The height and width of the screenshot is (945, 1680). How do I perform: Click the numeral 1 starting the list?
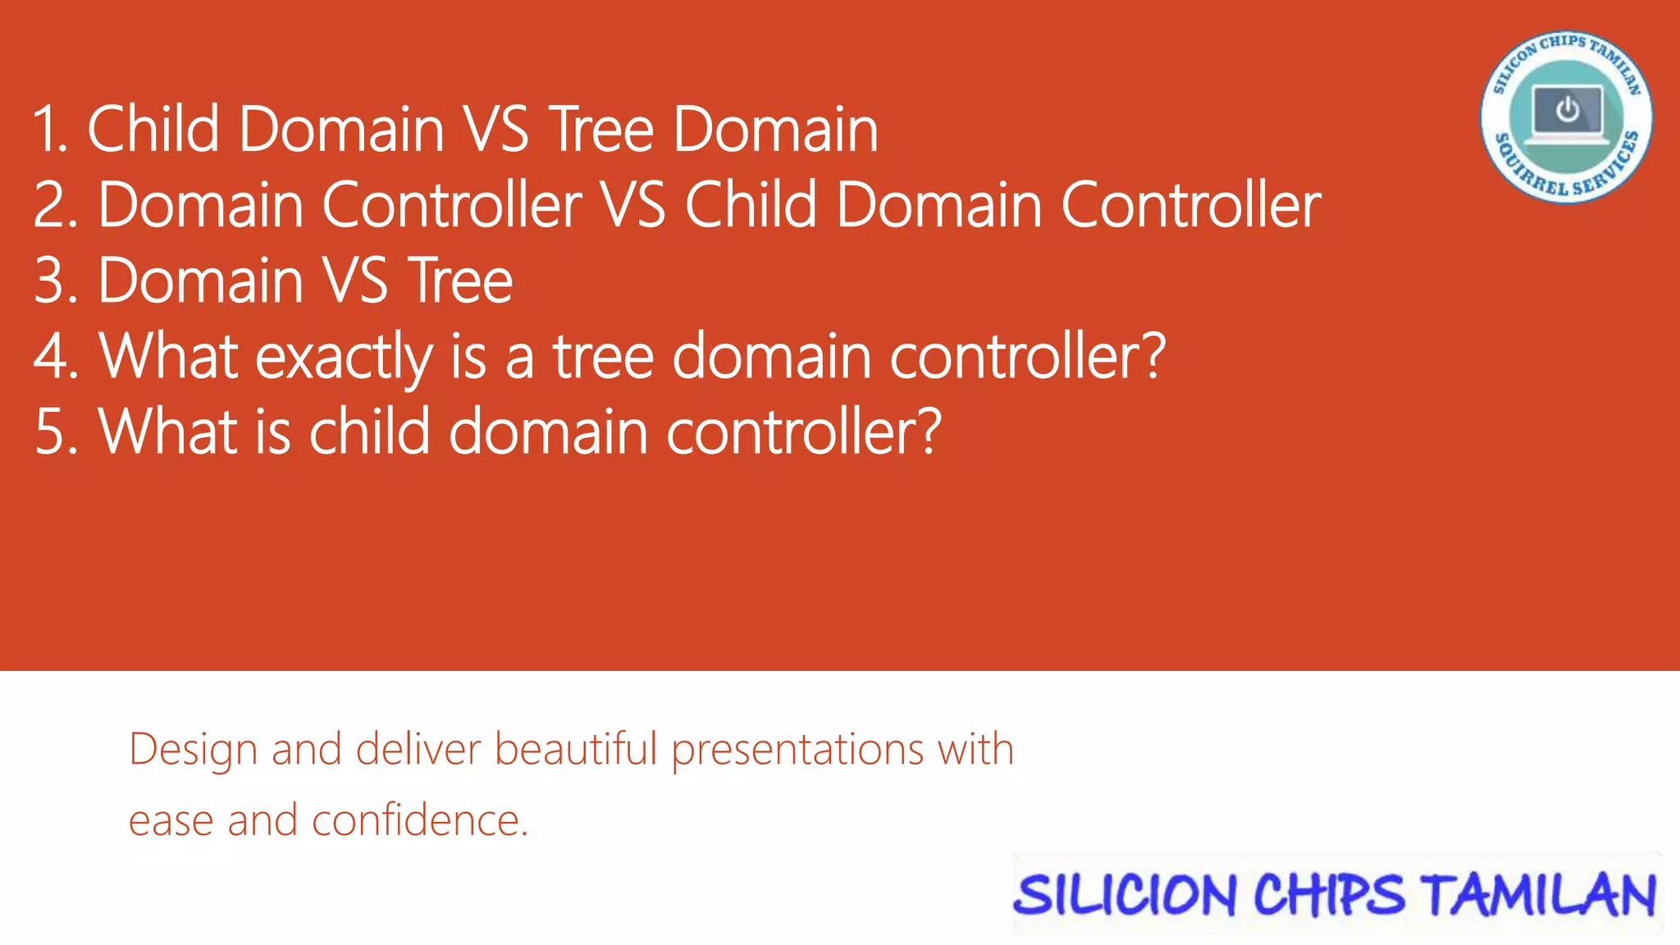pos(48,130)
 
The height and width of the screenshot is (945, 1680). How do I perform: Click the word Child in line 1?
pos(153,130)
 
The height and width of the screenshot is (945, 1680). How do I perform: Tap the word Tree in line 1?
pos(601,130)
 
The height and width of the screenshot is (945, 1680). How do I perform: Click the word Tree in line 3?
pos(460,281)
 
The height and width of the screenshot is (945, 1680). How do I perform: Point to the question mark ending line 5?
pos(928,431)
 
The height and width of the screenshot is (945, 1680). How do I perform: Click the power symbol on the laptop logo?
pos(1568,109)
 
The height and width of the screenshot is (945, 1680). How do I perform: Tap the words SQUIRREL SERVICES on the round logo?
pos(1567,175)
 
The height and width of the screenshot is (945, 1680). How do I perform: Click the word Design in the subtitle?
pos(193,751)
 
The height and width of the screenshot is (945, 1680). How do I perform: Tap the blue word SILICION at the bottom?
pos(1124,895)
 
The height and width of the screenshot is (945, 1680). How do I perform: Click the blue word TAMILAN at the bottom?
pos(1541,895)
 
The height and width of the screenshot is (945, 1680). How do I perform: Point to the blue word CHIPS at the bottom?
pos(1329,895)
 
